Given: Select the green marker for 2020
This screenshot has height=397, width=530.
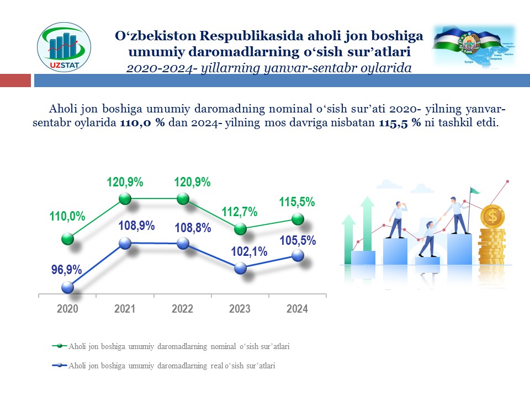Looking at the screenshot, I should pyautogui.click(x=67, y=239).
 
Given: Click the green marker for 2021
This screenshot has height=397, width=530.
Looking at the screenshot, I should pyautogui.click(x=125, y=198).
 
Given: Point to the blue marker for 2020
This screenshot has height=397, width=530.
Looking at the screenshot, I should pyautogui.click(x=67, y=287).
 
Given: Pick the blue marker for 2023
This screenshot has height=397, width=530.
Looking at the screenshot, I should pyautogui.click(x=240, y=268).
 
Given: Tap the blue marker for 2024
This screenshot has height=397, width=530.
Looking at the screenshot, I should pyautogui.click(x=298, y=255).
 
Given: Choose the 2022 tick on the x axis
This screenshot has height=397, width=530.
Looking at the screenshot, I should pyautogui.click(x=183, y=309).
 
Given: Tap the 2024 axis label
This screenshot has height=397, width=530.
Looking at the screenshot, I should pyautogui.click(x=297, y=309).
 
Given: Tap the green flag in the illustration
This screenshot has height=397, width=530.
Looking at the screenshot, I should pyautogui.click(x=475, y=191).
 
